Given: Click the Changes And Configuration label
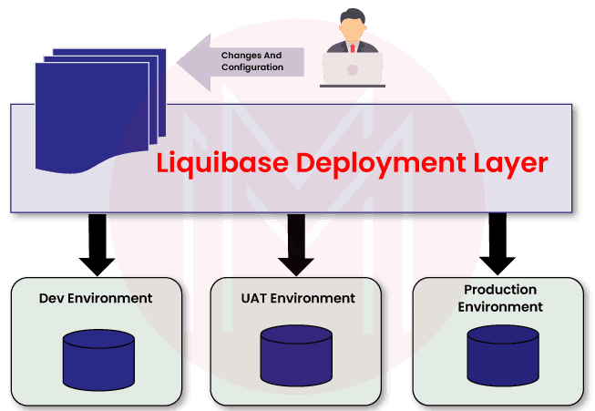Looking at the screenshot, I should [251, 61].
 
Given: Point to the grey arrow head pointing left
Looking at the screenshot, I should [193, 61].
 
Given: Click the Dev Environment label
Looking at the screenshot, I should [96, 298].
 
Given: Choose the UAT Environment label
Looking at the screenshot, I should [298, 298].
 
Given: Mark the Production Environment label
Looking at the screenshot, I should [500, 298].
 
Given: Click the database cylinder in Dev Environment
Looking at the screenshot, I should [98, 359].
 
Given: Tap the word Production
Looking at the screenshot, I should [500, 289].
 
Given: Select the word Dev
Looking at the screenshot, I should [52, 298].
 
